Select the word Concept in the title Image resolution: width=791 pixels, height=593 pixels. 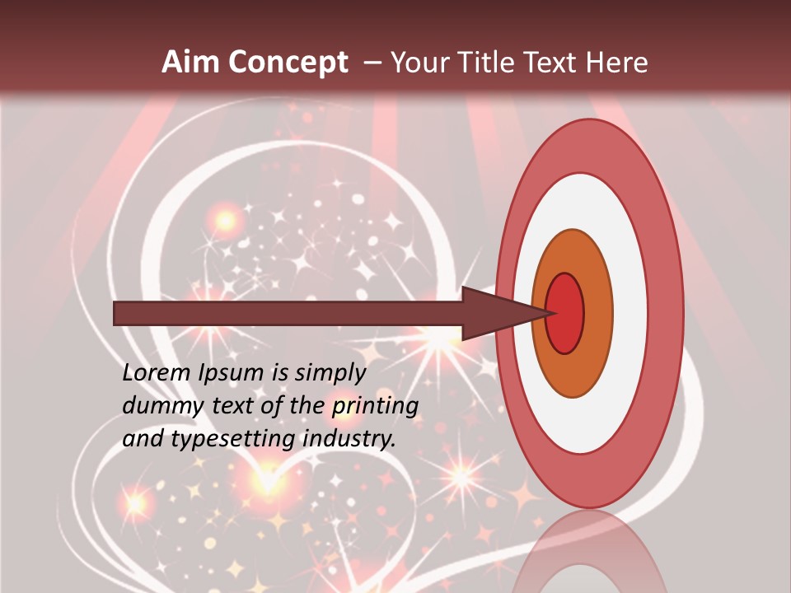pyautogui.click(x=288, y=63)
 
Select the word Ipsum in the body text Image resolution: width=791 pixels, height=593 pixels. pyautogui.click(x=235, y=373)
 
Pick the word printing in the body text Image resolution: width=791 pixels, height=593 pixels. pyautogui.click(x=375, y=406)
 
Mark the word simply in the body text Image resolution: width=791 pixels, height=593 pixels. pyautogui.click(x=330, y=373)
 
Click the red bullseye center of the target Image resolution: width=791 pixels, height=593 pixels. pyautogui.click(x=565, y=313)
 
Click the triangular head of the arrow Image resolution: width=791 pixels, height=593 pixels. pyautogui.click(x=494, y=313)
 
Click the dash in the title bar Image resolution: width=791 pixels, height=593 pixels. pyautogui.click(x=372, y=63)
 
